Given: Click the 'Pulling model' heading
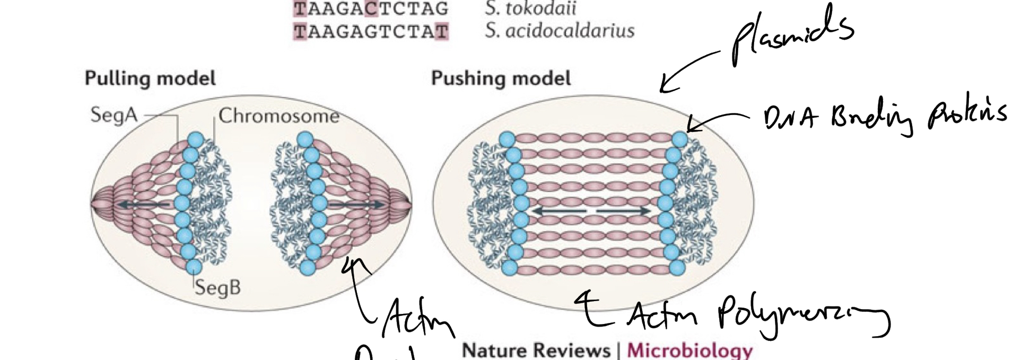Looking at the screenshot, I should [x=150, y=78].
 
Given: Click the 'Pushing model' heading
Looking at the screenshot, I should [x=501, y=78].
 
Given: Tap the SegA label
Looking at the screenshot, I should [x=113, y=115].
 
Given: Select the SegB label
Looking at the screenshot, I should [x=217, y=287].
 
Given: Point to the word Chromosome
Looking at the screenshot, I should [x=279, y=116].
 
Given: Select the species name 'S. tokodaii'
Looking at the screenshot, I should [x=530, y=8].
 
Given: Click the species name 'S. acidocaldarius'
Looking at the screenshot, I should [x=560, y=31].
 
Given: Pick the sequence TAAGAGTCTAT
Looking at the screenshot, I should [x=371, y=32].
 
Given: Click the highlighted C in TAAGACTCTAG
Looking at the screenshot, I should [x=371, y=8].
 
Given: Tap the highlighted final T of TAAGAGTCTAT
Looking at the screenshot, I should [x=442, y=32].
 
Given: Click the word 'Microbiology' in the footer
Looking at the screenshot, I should [x=689, y=350].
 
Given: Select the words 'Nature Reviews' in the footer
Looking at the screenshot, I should [x=536, y=350].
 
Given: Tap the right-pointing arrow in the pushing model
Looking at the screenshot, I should [x=624, y=211].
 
